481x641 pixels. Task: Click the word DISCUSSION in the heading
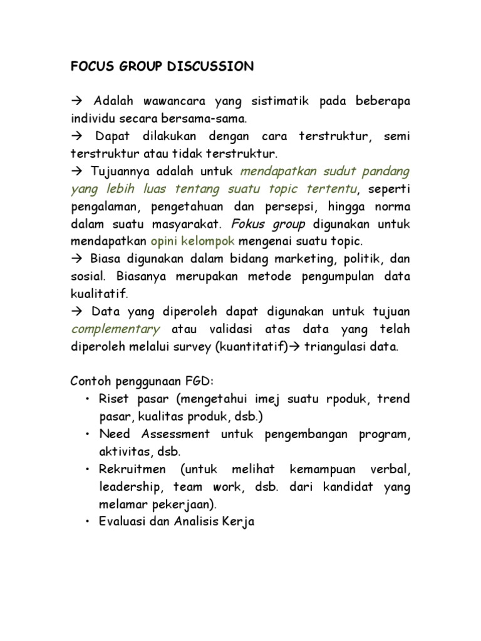[x=212, y=66]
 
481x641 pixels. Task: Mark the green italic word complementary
[x=116, y=329]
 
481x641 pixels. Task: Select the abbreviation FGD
[x=200, y=382]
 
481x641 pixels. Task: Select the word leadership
[x=127, y=487]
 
